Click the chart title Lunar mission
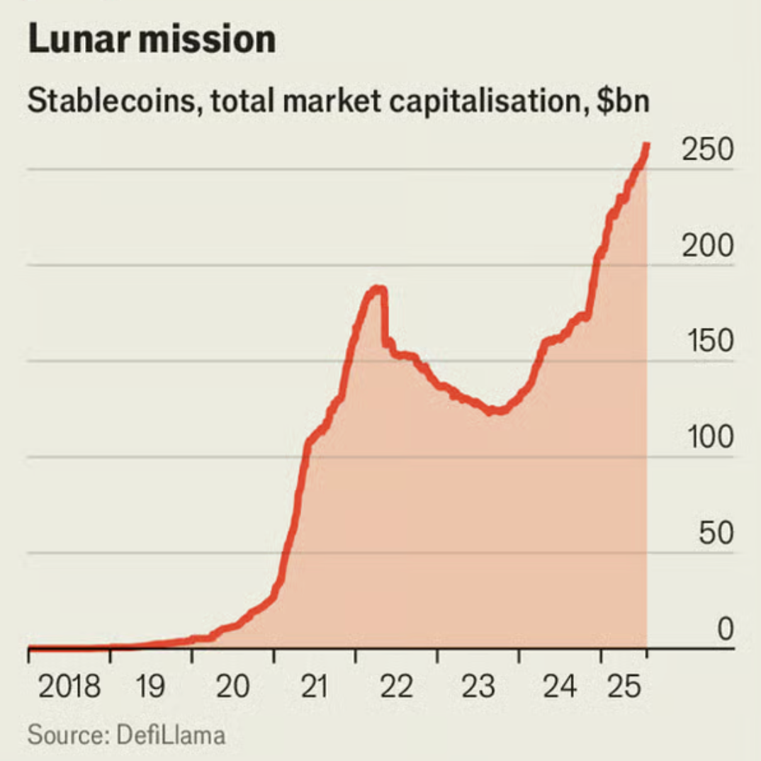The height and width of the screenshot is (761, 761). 151,40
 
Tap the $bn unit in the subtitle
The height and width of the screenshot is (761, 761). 622,101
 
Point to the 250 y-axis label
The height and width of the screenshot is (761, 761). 707,150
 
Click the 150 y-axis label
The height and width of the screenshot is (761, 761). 707,342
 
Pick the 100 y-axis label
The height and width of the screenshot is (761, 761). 707,437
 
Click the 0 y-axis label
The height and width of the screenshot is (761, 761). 724,628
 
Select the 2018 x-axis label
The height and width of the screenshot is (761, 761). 69,687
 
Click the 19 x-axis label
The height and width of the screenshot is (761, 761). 150,687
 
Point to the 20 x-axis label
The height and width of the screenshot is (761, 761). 232,687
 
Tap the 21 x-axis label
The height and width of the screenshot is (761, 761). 313,687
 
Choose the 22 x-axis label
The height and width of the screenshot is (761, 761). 395,687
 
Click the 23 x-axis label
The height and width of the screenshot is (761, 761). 477,687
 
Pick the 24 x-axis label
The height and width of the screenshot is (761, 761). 559,687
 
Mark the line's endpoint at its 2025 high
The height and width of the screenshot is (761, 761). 646,145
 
